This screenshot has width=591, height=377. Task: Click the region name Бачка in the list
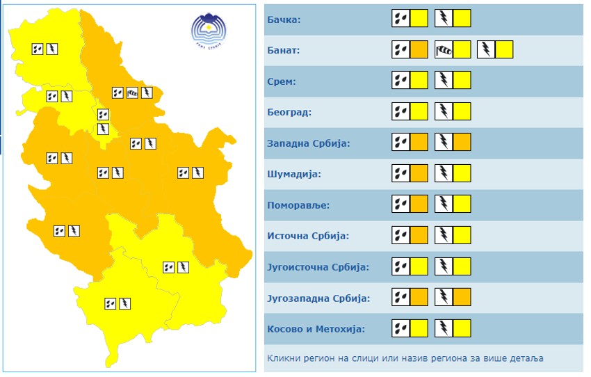pyautogui.click(x=284, y=19)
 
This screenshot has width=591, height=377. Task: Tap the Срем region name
pyautogui.click(x=282, y=81)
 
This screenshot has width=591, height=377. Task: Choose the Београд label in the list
pyautogui.click(x=289, y=112)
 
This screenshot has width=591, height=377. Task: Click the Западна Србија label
pyautogui.click(x=308, y=143)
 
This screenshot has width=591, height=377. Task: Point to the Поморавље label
pyautogui.click(x=298, y=205)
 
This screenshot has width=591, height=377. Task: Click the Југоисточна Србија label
pyautogui.click(x=318, y=267)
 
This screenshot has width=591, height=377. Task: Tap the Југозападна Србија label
pyautogui.click(x=318, y=298)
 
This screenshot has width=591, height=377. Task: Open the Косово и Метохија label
pyautogui.click(x=316, y=329)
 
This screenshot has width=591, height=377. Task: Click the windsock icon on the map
pyautogui.click(x=132, y=93)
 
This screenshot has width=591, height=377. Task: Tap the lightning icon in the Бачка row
pyautogui.click(x=444, y=19)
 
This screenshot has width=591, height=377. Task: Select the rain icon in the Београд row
pyautogui.click(x=400, y=111)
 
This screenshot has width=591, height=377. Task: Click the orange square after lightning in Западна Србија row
pyautogui.click(x=462, y=143)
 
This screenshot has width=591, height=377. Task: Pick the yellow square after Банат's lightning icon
pyautogui.click(x=504, y=49)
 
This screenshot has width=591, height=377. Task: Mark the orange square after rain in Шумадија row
pyautogui.click(x=419, y=173)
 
